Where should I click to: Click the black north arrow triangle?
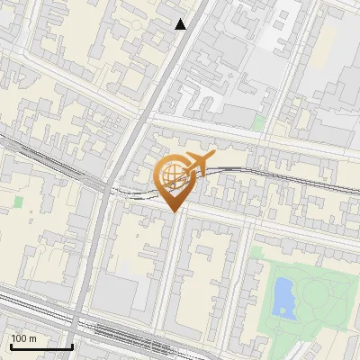click(181, 24)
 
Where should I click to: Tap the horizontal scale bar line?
click(41, 346)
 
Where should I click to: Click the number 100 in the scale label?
click(18, 338)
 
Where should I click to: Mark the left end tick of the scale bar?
click(10, 345)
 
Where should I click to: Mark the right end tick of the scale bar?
click(72, 345)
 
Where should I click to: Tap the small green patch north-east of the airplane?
click(259, 122)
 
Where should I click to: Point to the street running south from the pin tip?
click(169, 270)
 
